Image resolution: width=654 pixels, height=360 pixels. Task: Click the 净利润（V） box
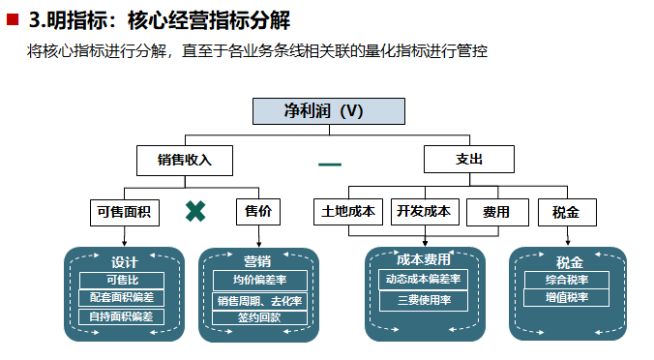[328, 110]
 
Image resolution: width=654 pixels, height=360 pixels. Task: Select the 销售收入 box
[184, 160]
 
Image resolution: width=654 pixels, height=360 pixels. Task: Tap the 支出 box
[468, 160]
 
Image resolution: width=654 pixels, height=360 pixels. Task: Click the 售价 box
[258, 211]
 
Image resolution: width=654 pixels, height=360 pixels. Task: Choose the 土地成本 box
[349, 211]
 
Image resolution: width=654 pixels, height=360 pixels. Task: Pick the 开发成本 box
[424, 211]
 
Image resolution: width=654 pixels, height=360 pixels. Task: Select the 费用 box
[497, 211]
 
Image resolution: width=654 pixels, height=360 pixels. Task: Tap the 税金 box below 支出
[566, 211]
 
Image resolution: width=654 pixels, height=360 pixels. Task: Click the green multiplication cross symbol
[195, 211]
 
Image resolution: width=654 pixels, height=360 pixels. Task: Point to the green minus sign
[330, 164]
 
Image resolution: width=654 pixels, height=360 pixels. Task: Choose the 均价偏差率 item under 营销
[258, 280]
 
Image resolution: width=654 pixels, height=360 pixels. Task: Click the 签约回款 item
[258, 316]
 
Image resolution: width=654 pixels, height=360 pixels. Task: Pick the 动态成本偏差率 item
[423, 279]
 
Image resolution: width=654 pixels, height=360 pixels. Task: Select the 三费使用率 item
[423, 300]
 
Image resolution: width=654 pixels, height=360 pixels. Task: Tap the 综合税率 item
[569, 280]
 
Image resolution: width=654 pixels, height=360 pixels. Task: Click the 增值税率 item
[569, 298]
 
